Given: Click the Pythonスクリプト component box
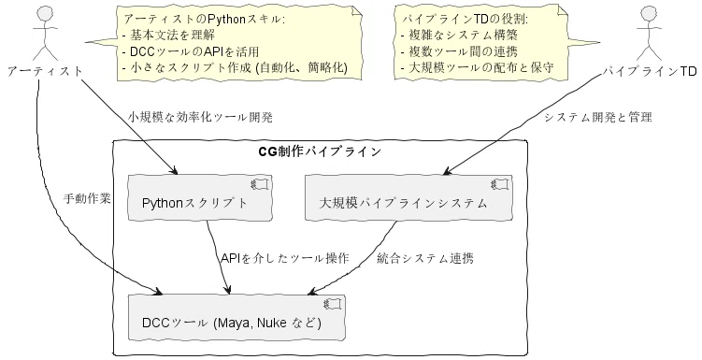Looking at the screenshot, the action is (x=200, y=197).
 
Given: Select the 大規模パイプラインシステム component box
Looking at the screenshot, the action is (x=408, y=197).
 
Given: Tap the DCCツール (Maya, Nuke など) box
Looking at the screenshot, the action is (x=236, y=317).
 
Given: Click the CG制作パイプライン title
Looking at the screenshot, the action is (x=320, y=151).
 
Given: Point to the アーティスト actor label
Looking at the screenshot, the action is (x=45, y=71).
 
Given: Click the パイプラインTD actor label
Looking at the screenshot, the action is (x=649, y=71).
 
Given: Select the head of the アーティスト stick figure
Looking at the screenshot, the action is (x=45, y=14).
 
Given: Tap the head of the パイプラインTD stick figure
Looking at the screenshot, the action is (x=649, y=14).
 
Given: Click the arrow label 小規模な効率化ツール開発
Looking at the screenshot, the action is (x=200, y=117).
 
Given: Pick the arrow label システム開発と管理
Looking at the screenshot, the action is (x=598, y=117).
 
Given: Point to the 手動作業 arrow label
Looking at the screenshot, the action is (x=87, y=198).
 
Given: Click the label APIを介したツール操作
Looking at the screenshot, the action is (x=285, y=258).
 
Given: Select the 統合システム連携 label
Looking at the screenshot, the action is (x=425, y=258).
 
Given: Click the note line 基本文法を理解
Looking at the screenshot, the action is (x=168, y=35).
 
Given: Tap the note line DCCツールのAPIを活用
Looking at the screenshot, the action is (x=191, y=51).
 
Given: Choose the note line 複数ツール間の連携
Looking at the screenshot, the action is (x=459, y=51).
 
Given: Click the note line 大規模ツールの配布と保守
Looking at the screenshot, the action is (x=478, y=67).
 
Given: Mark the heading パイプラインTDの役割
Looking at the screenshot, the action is (x=466, y=19).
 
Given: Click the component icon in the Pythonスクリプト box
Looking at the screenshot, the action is (x=260, y=184).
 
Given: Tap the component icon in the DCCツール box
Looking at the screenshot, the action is (x=333, y=304).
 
